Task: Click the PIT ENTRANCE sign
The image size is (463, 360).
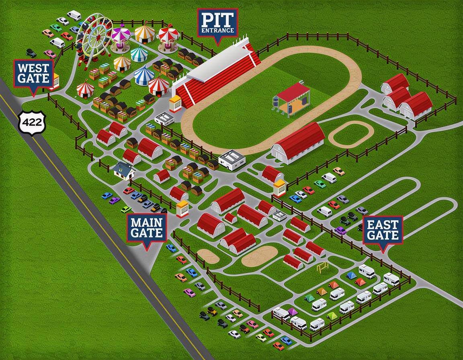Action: click(x=217, y=22)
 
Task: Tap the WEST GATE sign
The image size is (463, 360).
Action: click(x=34, y=74)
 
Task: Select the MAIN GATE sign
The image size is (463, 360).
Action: click(x=146, y=228)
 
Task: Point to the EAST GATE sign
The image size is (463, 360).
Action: click(x=383, y=231)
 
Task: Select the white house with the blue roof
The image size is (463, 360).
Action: click(x=124, y=170)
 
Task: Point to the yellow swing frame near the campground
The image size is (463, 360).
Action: click(x=322, y=267)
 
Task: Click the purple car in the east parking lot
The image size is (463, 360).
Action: click(x=340, y=230)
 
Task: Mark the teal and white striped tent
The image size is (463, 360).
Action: click(x=139, y=53)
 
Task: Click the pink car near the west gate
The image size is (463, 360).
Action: click(x=50, y=53)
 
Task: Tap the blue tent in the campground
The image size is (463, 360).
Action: click(x=351, y=275)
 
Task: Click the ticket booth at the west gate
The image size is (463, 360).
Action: click(x=55, y=81)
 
